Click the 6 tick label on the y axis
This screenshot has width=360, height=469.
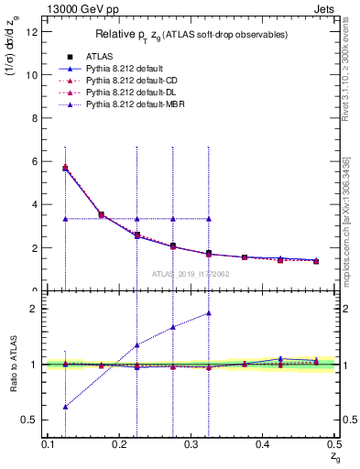coord(36,161)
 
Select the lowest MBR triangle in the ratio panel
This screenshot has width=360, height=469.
coord(65,407)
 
